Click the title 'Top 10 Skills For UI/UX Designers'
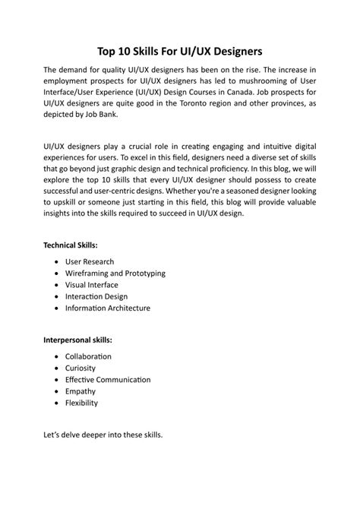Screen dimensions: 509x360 point(180,52)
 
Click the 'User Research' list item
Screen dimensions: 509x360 point(90,261)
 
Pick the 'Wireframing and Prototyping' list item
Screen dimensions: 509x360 point(115,273)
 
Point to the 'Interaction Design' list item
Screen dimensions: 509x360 point(96,296)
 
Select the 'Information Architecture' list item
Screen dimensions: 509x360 point(108,308)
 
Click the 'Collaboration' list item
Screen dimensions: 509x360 point(88,356)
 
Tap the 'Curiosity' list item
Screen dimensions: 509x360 point(81,368)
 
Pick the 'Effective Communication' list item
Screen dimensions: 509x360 point(108,379)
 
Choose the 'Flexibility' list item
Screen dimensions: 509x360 point(82,403)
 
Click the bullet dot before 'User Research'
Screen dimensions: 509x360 point(58,261)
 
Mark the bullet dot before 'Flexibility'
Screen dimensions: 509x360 point(58,403)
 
